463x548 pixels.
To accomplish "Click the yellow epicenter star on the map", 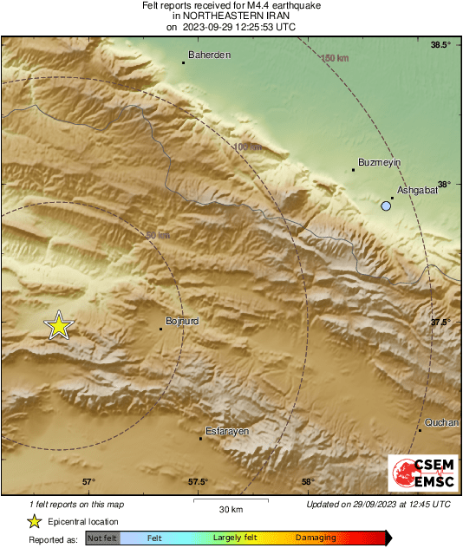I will click(x=58, y=325).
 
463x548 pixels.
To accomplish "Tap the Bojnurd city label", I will click(x=183, y=322).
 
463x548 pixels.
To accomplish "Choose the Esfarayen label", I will click(x=227, y=431).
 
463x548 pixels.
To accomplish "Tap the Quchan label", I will click(x=440, y=422).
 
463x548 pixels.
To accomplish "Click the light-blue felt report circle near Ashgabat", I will click(x=386, y=206).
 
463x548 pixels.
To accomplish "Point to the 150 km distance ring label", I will click(x=335, y=58).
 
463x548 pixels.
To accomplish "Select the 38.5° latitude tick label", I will click(x=441, y=44).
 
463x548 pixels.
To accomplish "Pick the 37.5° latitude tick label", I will click(x=441, y=323).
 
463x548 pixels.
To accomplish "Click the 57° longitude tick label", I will click(x=88, y=482).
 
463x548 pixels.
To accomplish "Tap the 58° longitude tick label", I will click(x=307, y=482).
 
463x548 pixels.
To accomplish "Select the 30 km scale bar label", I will click(x=231, y=509).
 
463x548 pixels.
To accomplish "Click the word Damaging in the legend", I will click(x=316, y=538).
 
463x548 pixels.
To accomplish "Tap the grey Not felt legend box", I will click(x=102, y=538).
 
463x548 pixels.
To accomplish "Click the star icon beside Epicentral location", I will click(x=34, y=521).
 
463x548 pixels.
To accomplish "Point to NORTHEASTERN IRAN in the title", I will click(x=231, y=16).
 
